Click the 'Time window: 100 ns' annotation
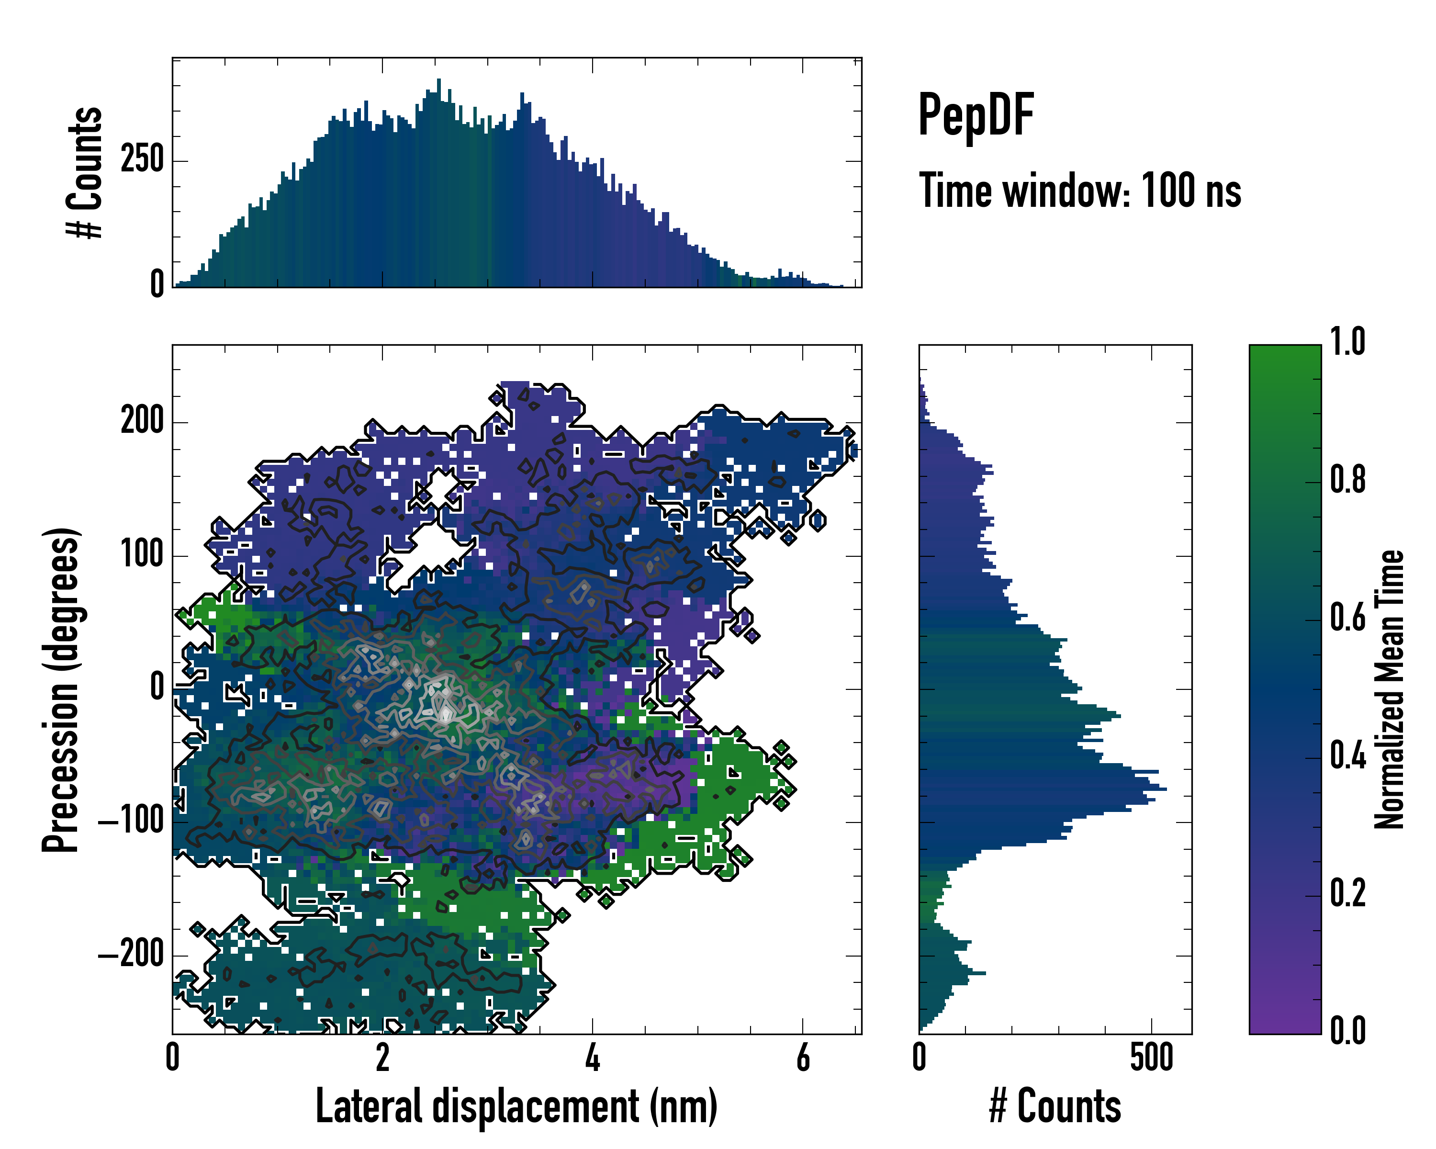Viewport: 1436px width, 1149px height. (1080, 191)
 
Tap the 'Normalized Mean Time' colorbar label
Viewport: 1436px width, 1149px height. (1390, 689)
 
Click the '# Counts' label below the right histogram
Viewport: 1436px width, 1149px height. (1055, 1106)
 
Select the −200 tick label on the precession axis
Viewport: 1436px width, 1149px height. (131, 955)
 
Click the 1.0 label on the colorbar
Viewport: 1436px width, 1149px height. (1347, 342)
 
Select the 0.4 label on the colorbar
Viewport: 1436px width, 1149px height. (1347, 756)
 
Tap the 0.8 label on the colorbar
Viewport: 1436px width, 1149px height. (1347, 480)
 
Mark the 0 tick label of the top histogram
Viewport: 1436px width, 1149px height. (157, 284)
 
